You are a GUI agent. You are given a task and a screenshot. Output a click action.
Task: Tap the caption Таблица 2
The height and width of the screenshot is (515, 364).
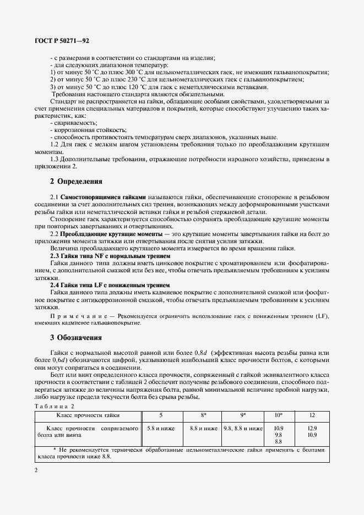click(53, 406)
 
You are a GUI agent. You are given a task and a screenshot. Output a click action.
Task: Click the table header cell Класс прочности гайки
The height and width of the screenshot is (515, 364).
click(88, 415)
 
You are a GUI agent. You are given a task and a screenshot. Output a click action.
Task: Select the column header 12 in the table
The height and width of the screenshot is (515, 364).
click(313, 415)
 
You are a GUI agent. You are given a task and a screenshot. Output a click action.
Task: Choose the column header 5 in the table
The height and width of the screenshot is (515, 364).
click(160, 415)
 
